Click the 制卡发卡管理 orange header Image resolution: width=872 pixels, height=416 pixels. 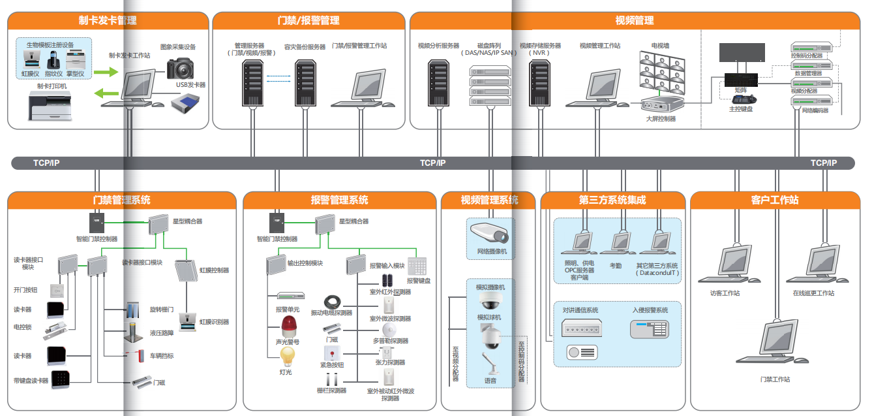[108, 20]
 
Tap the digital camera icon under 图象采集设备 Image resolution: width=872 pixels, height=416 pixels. [181, 68]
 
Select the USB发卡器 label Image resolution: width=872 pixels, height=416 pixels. [190, 85]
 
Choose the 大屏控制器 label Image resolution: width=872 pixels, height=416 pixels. [661, 120]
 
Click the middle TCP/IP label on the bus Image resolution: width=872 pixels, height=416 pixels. [432, 163]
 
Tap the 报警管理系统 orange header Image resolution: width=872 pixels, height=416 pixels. [339, 200]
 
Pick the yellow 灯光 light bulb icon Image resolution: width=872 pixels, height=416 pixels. [287, 357]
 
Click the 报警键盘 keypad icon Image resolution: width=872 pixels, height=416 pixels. [417, 266]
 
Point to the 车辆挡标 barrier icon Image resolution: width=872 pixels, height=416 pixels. [136, 355]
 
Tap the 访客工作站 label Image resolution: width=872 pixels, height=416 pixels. [725, 293]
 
